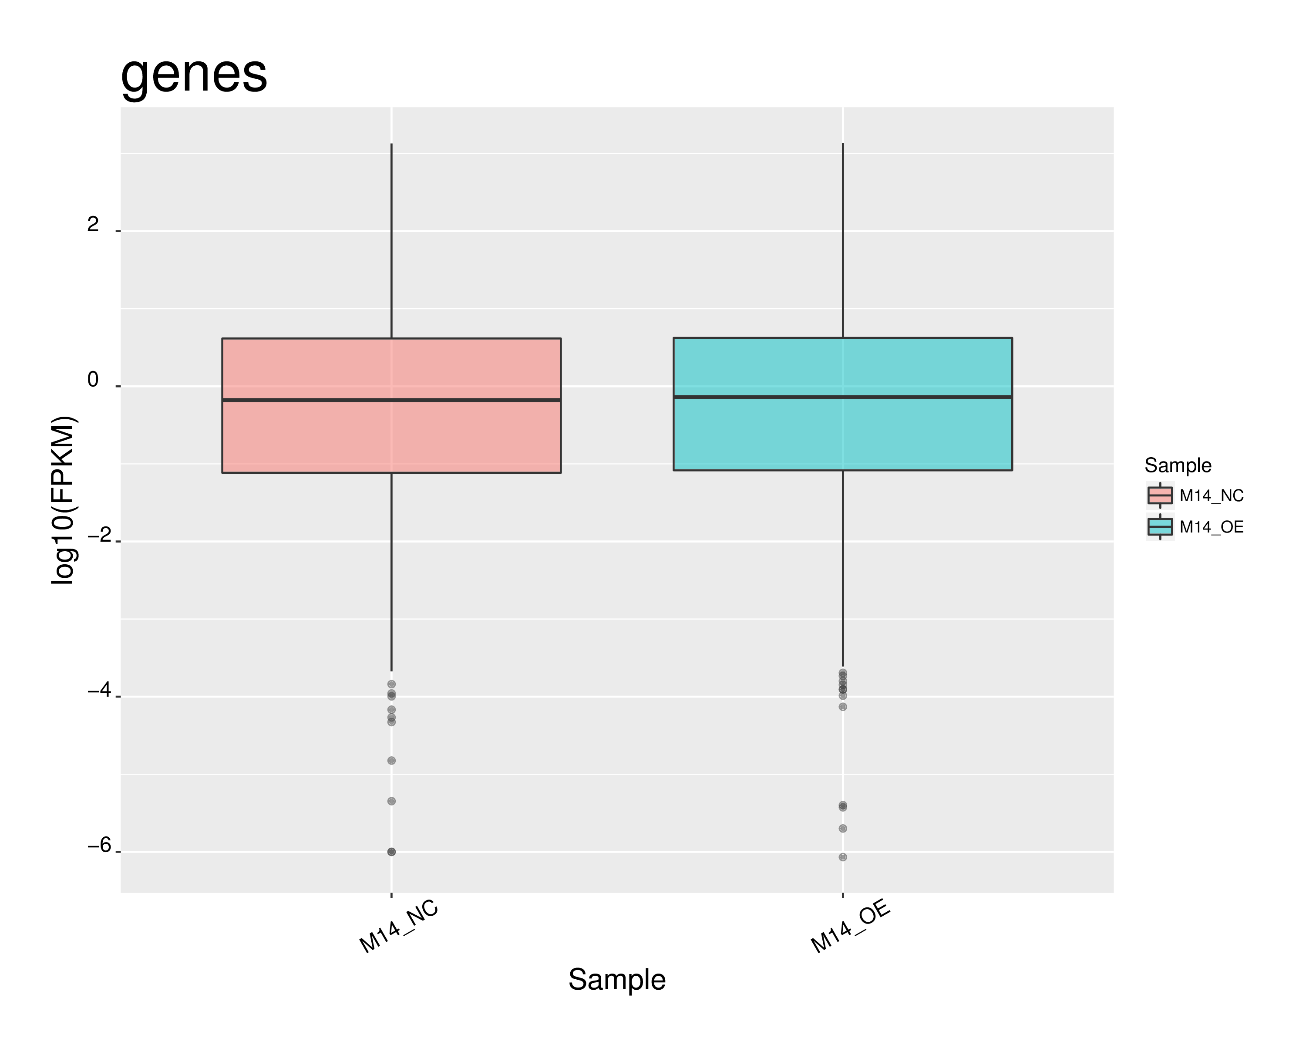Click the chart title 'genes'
194,74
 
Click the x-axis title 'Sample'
617,980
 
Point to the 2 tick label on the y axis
93,225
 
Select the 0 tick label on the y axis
93,380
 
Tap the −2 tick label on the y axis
99,535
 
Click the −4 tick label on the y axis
99,690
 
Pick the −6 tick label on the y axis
99,845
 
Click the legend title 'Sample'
1178,465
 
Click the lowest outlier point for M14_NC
391,852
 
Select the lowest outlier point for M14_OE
843,857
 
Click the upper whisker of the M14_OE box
843,243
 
